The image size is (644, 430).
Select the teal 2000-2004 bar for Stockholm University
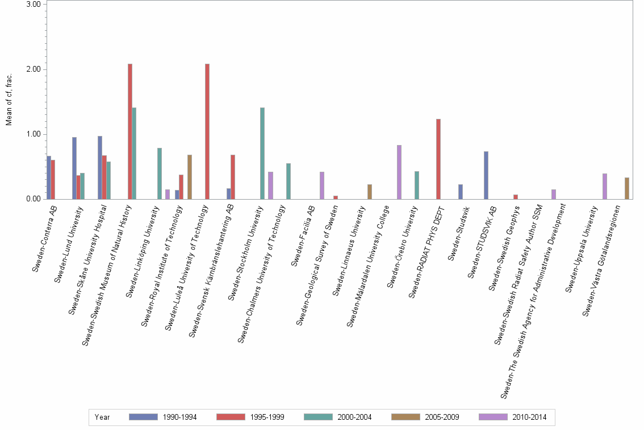pos(262,153)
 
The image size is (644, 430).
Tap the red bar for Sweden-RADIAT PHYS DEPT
pos(438,159)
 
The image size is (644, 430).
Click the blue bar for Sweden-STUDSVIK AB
pos(486,175)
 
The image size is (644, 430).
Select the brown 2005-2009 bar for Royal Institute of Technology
pos(190,177)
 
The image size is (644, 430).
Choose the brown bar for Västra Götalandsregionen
pos(626,188)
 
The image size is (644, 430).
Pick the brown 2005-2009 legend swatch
pos(406,417)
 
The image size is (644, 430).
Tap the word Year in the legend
pos(102,417)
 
